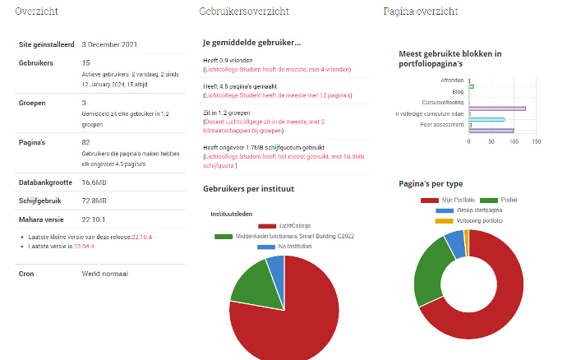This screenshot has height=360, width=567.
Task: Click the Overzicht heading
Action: tap(37, 12)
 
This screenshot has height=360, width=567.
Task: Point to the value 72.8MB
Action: tap(94, 200)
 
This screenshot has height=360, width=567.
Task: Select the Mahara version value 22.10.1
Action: tap(93, 219)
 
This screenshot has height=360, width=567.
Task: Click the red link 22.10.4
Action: tap(141, 237)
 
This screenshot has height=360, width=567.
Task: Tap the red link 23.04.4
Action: tap(84, 246)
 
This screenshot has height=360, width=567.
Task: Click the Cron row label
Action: tap(26, 273)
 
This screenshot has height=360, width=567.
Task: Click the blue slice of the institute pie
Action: tap(276, 266)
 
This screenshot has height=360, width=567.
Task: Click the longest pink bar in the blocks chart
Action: tap(496, 108)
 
